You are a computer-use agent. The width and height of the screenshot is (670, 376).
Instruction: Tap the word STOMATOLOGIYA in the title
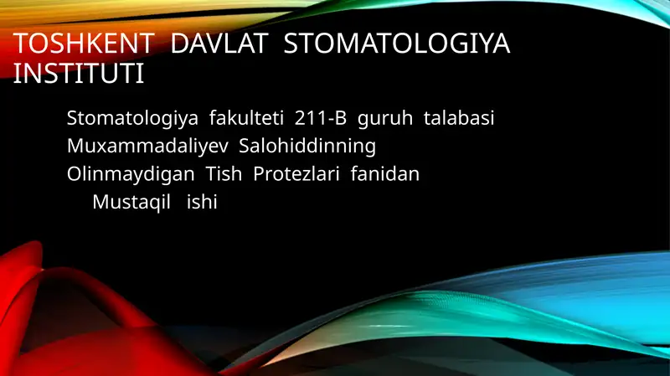[x=397, y=44]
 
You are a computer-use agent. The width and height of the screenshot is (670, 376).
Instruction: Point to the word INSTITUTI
[x=80, y=74]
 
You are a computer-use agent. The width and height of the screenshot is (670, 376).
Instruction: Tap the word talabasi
[x=459, y=119]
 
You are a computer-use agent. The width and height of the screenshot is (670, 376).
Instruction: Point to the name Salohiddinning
[x=307, y=147]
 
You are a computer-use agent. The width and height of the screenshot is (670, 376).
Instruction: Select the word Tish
[x=222, y=174]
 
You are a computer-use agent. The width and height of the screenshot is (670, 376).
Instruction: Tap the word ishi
[x=201, y=202]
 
